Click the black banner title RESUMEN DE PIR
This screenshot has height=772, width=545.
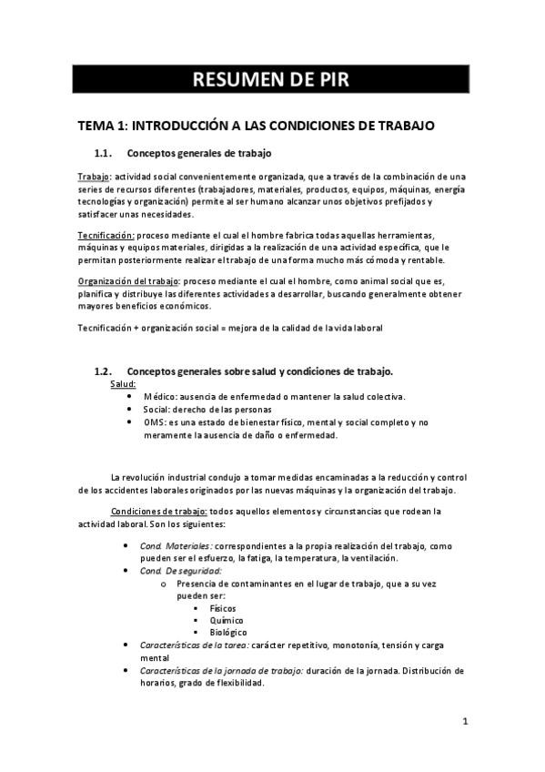[271, 79]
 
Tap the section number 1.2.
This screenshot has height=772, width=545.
[103, 371]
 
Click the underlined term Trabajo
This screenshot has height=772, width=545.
[93, 176]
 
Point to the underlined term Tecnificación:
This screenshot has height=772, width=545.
[106, 235]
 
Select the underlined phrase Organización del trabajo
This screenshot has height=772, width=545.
[127, 282]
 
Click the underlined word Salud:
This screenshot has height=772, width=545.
[124, 384]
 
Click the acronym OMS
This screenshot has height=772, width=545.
[155, 422]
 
